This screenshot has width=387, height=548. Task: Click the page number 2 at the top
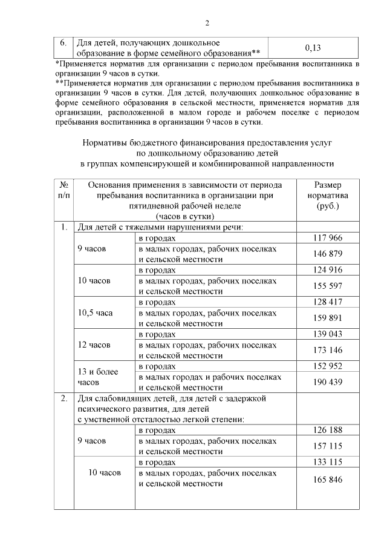(207, 24)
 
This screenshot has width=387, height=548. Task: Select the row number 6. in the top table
(62, 44)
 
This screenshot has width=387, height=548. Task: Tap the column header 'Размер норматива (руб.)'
(328, 196)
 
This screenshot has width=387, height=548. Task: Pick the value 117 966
(328, 238)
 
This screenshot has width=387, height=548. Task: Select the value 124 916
(328, 269)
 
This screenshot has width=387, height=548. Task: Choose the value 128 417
(328, 302)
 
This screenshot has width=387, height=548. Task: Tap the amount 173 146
(328, 349)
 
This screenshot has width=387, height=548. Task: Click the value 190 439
(328, 381)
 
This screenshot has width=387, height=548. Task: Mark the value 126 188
(328, 430)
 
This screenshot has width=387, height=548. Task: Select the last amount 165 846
(328, 480)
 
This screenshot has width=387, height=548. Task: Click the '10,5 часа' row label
(96, 313)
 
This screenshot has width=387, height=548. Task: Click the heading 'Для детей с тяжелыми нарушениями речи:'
(158, 228)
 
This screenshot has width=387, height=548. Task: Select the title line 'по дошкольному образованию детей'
(207, 153)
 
